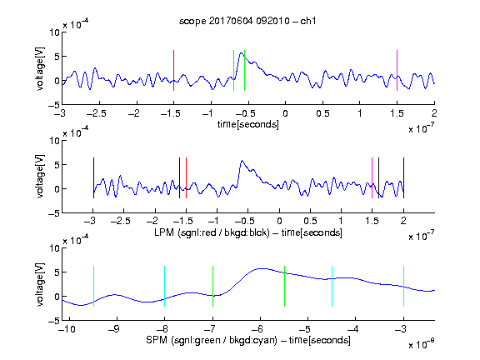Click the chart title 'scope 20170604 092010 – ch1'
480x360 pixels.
click(247, 21)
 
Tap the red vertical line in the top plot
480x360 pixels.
click(173, 70)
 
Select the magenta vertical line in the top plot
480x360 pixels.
click(397, 70)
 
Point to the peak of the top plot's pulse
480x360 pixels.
click(241, 53)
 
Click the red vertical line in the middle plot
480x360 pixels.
click(186, 177)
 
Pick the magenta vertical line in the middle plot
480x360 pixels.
click(372, 177)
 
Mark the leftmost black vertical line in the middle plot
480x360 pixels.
click(93, 177)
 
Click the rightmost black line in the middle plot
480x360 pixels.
click(403, 177)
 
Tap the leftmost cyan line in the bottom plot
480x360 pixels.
click(93, 286)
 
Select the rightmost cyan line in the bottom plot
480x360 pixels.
click(403, 286)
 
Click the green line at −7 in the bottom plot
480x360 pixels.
click(212, 286)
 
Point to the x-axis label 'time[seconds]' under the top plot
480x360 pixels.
click(248, 124)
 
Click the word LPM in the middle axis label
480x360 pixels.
click(164, 232)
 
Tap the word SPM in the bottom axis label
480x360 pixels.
click(157, 340)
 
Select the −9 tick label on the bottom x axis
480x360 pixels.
click(114, 329)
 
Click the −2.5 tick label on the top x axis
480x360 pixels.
click(96, 113)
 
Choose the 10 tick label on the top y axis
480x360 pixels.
click(54, 32)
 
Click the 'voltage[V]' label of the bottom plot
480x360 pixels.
click(40, 284)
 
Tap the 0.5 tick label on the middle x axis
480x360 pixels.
click(310, 221)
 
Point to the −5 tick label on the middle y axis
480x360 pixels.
click(54, 213)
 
